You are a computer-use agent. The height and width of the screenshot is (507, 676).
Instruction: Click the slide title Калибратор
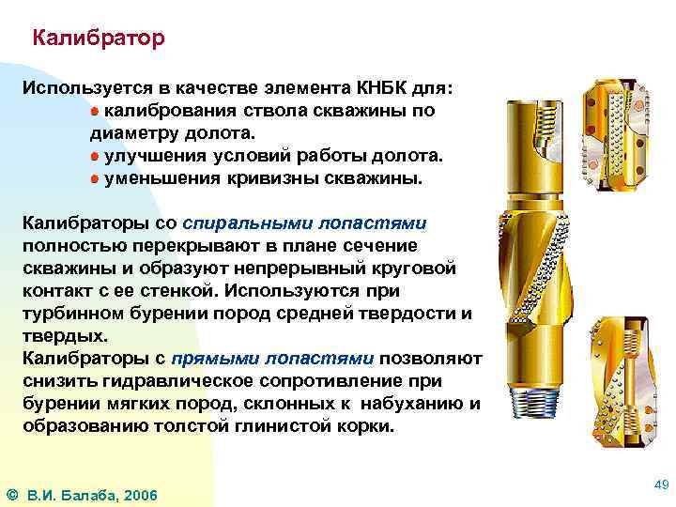pyautogui.click(x=98, y=38)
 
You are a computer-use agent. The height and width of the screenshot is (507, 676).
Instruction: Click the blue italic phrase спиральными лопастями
pyautogui.click(x=305, y=223)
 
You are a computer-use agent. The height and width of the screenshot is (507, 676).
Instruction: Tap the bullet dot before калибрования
pyautogui.click(x=96, y=111)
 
